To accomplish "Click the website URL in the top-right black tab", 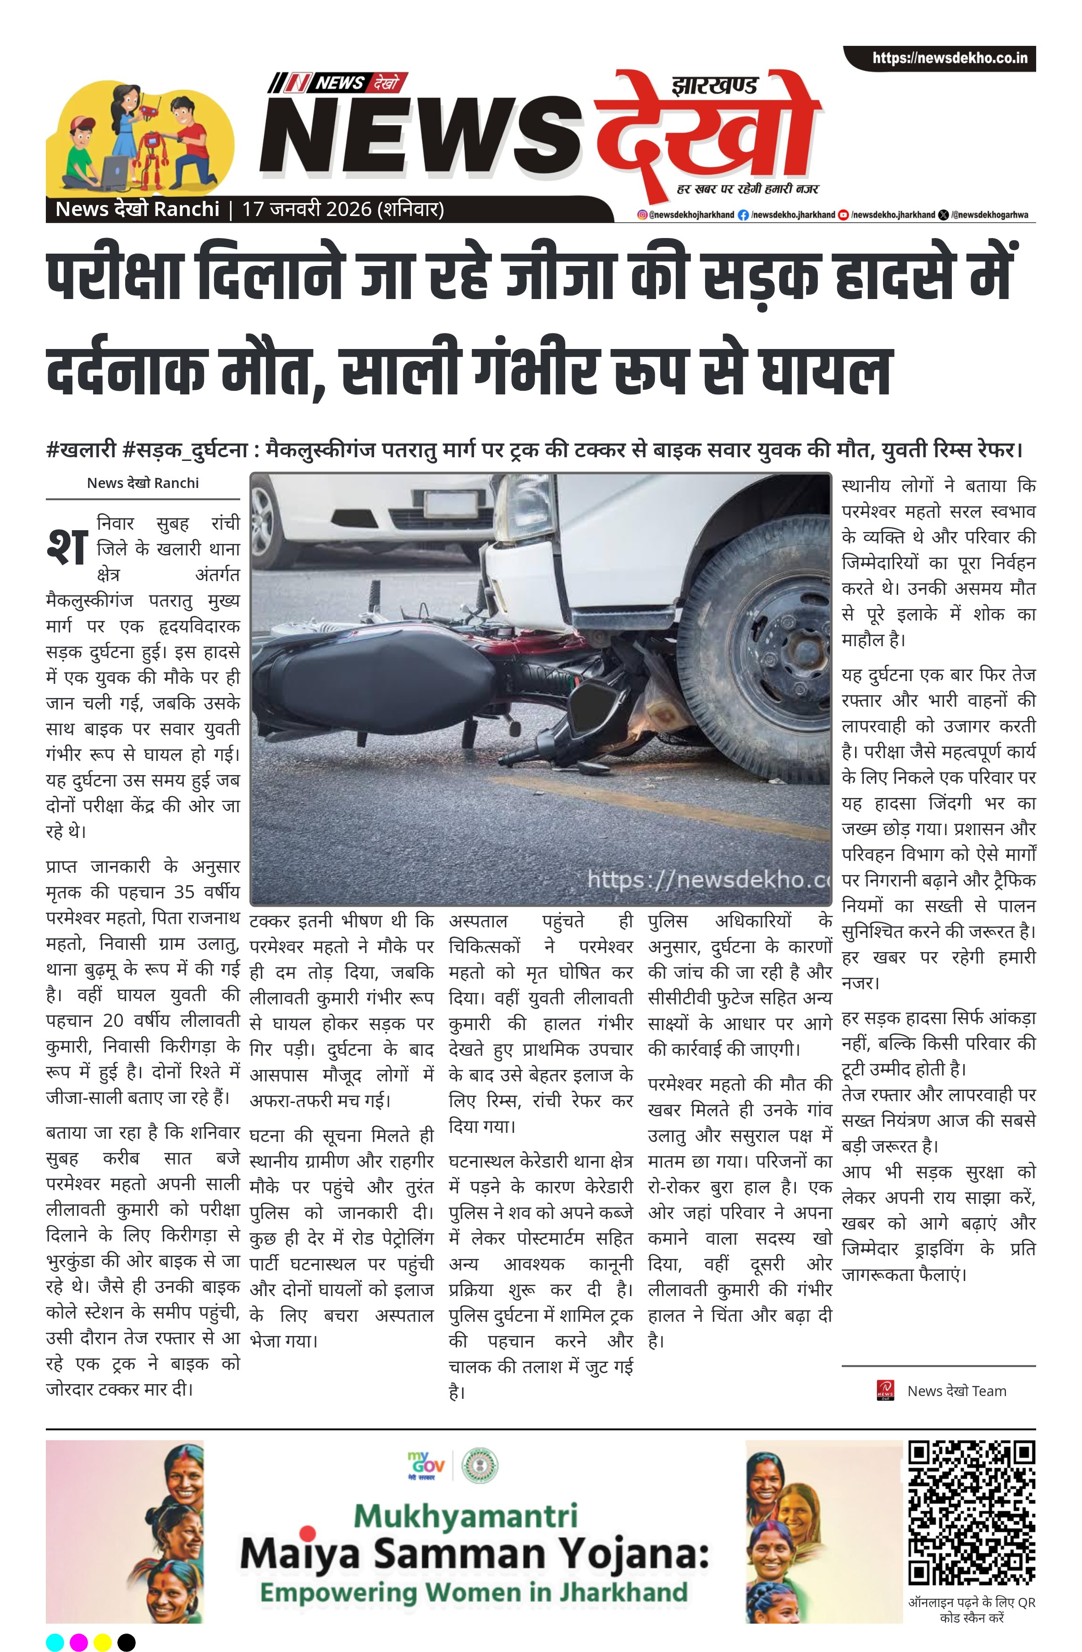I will (x=950, y=58).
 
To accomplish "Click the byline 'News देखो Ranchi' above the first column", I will (x=143, y=483).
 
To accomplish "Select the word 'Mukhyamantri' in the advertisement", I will (x=466, y=1517).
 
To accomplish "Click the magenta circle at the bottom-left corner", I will (x=79, y=1641).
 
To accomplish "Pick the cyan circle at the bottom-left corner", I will (x=55, y=1641).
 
